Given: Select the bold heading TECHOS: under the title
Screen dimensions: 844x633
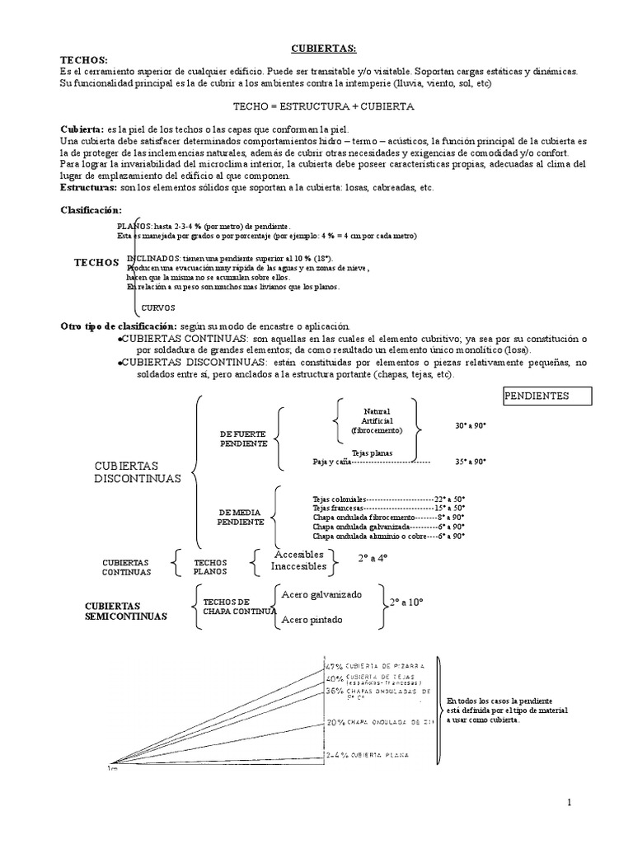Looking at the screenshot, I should click(84, 61).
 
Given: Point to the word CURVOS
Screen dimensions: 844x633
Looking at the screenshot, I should click(158, 308).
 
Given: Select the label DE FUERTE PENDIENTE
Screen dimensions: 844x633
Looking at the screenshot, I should click(243, 438).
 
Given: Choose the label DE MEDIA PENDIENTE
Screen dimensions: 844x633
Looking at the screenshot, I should click(241, 517).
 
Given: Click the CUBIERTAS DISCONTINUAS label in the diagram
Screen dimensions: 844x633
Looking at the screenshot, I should click(137, 472).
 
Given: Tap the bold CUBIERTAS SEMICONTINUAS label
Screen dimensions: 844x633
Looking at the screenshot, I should click(126, 611).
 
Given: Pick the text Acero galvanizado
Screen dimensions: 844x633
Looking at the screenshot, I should click(321, 594).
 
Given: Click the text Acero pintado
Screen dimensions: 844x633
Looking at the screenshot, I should click(311, 620).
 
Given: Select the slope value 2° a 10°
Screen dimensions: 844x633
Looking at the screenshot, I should click(406, 603).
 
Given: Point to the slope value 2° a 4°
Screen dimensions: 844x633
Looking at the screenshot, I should click(373, 559).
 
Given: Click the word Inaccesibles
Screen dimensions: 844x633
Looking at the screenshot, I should click(298, 567).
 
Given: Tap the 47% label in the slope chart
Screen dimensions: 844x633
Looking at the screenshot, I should click(334, 666).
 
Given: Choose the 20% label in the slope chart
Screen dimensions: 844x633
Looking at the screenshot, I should click(335, 722).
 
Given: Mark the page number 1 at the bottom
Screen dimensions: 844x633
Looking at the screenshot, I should click(569, 804).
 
